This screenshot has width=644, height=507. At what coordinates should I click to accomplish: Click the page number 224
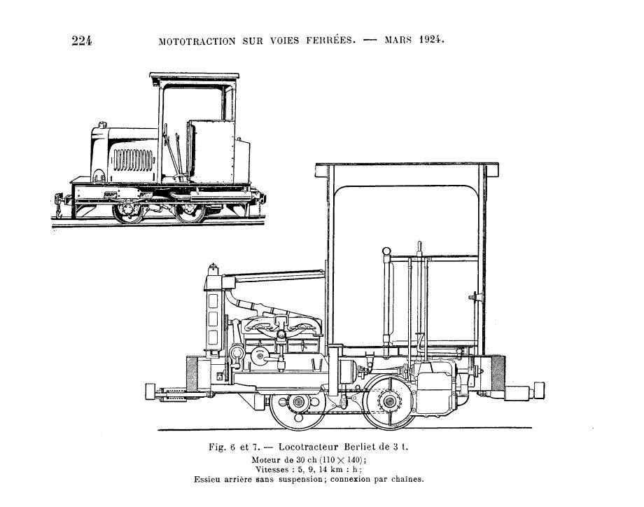pos(82,41)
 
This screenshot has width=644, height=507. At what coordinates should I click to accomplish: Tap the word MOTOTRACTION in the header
pos(197,41)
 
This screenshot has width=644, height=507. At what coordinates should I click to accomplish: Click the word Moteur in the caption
pos(265,459)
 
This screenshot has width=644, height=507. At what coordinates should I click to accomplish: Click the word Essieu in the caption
pos(206,479)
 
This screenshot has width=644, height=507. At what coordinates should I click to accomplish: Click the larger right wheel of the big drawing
pos(389,401)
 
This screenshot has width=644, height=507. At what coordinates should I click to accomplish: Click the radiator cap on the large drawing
pos(213,270)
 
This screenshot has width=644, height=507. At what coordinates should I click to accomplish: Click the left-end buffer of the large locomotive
pos(150,391)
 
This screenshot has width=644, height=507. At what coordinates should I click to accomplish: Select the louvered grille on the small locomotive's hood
pos(133,160)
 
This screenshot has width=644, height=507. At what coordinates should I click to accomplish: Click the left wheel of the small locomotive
pos(128,211)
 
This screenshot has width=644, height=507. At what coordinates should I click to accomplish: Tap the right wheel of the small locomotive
pos(190,212)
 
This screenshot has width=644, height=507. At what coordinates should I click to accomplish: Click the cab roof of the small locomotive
pos(195,76)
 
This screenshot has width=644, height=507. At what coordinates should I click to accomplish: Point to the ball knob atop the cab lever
pos(386,251)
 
